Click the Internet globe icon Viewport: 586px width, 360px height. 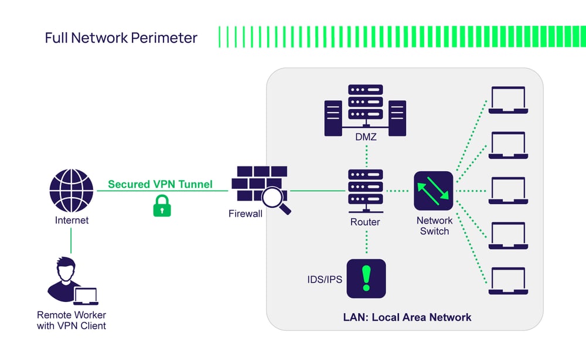(x=71, y=191)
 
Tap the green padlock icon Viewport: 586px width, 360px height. (x=162, y=206)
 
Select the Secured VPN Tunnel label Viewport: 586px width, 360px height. (x=160, y=184)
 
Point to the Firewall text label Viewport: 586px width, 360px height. (x=246, y=214)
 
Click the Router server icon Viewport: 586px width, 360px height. (x=365, y=191)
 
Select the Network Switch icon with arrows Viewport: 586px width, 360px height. (x=434, y=191)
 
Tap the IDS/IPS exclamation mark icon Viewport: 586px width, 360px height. (x=366, y=279)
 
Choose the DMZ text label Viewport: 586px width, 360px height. (x=365, y=137)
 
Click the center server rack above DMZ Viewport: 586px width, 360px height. (x=365, y=104)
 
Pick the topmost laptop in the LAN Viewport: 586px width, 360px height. (x=507, y=100)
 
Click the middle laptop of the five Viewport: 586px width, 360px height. (x=507, y=191)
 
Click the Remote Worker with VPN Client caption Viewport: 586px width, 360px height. (x=71, y=320)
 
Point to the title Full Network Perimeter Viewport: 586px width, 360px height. (x=121, y=38)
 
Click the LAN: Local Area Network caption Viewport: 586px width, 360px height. (x=407, y=317)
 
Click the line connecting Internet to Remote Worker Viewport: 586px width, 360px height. (x=71, y=241)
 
